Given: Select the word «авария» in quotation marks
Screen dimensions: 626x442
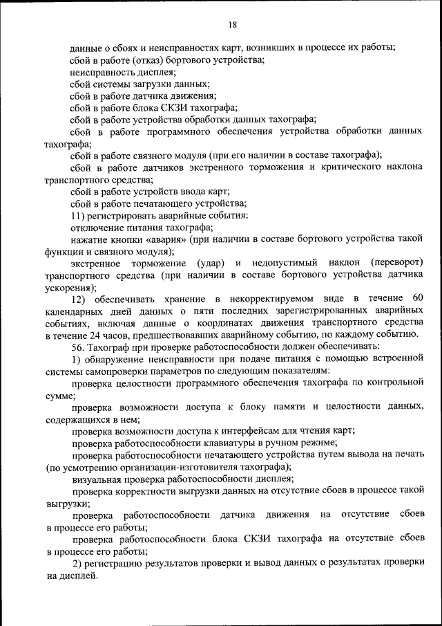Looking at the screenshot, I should click(x=172, y=239).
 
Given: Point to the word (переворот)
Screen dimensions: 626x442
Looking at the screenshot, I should click(x=396, y=263).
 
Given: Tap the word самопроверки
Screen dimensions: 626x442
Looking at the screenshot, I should click(x=113, y=370).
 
